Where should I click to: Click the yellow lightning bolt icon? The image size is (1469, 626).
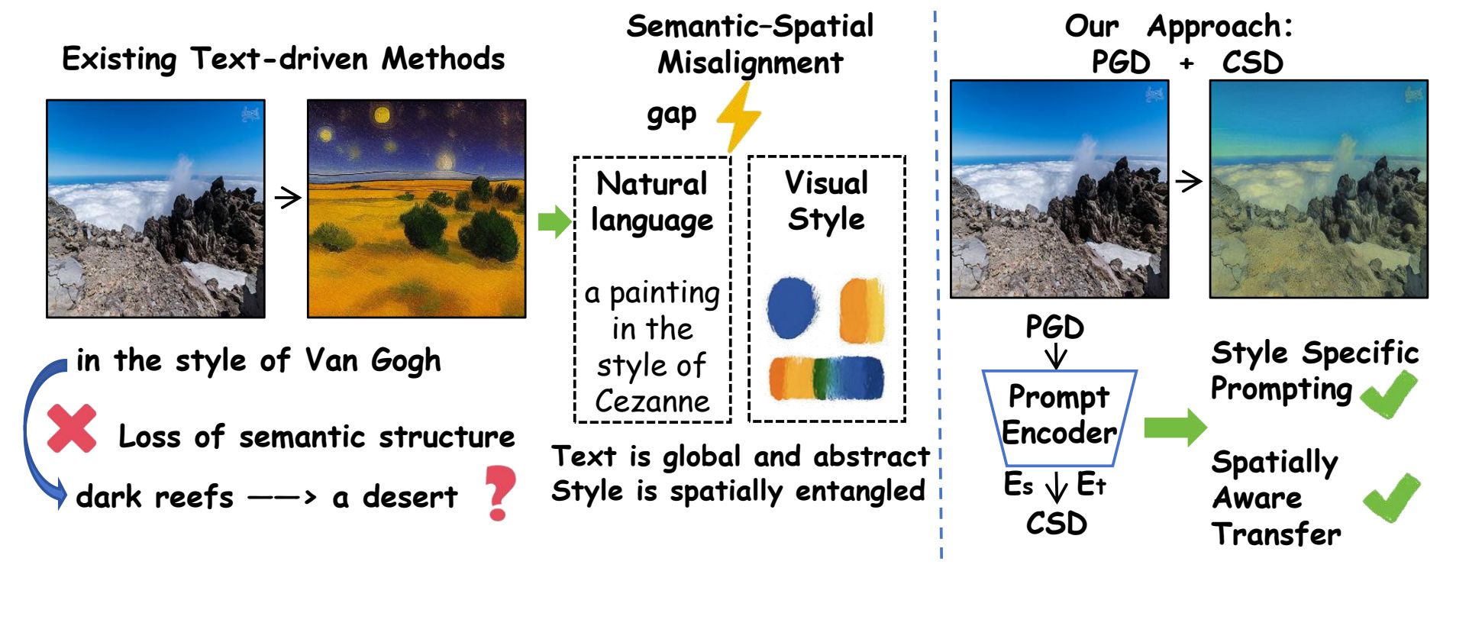click(x=738, y=115)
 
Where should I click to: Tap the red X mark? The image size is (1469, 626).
click(x=72, y=428)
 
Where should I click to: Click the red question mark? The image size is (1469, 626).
click(x=500, y=493)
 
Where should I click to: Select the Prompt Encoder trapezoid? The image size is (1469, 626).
click(x=1059, y=418)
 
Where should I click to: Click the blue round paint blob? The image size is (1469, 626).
click(x=793, y=308)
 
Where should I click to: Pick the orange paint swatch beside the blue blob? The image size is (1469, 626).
click(x=863, y=311)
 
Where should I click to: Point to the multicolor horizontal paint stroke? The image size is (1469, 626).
click(x=827, y=379)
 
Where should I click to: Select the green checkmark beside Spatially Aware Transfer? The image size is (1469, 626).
click(x=1392, y=498)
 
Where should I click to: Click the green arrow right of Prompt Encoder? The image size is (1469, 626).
click(x=1175, y=427)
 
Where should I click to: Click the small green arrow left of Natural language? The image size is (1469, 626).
click(x=555, y=222)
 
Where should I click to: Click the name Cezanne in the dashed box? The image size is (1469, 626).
click(x=653, y=401)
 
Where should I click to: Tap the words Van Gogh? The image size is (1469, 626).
click(x=373, y=360)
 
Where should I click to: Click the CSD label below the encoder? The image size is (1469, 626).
click(x=1057, y=524)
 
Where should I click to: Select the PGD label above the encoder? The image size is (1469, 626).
click(x=1054, y=328)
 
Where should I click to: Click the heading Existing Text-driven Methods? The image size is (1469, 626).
click(x=283, y=60)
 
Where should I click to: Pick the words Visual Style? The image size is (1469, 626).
click(x=827, y=201)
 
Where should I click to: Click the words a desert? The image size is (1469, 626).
click(x=395, y=497)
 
